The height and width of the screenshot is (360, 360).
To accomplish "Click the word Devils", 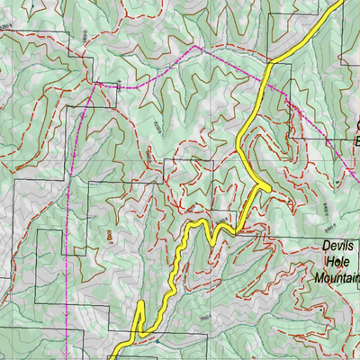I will (x=338, y=245).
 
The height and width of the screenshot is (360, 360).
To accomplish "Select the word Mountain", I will (x=336, y=278).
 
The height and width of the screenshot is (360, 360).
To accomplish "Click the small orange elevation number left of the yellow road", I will (x=110, y=236).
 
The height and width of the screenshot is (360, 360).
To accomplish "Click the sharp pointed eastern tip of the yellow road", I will (x=269, y=185).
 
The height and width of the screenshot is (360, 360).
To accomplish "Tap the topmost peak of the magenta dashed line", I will (x=195, y=46).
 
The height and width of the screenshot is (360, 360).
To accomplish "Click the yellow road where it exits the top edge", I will (x=340, y=2).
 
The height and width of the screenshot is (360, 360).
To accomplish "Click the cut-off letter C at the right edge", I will (x=356, y=125).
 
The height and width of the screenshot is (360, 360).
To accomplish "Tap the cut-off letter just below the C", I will (x=356, y=141).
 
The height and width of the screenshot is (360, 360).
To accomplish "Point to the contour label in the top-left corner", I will (x=11, y=29).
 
